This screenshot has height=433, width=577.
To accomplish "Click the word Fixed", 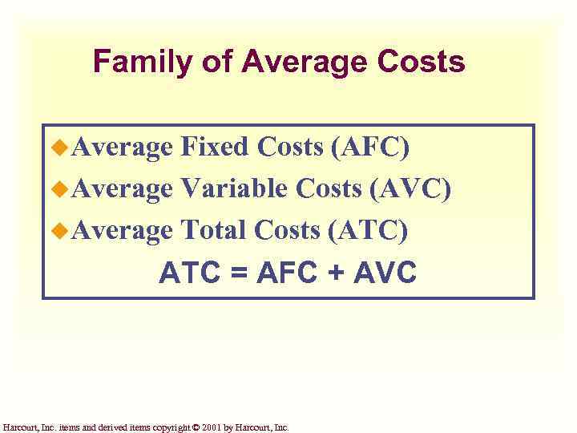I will pos(215,147).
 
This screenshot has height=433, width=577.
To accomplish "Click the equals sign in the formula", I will pos(239,273).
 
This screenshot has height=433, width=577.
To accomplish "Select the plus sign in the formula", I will pos(333,273).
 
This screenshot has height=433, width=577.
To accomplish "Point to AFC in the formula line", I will pos(287,273).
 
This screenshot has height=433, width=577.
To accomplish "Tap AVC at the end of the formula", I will pos(384,273).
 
